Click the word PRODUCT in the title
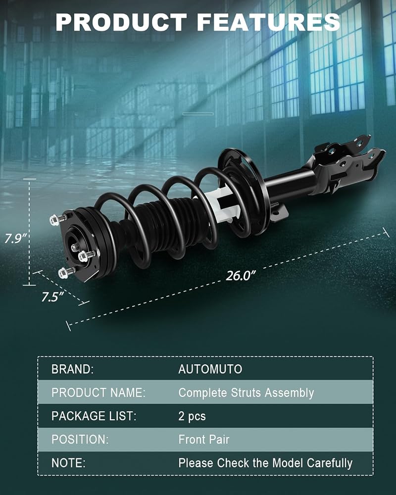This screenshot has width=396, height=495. tap(121, 22)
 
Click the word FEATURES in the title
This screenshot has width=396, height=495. tap(268, 22)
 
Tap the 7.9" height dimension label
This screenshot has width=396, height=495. tap(15, 239)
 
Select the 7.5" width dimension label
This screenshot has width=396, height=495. tap(52, 297)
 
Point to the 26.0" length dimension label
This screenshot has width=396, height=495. tap(241, 275)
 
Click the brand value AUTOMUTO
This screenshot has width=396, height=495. tap(210, 369)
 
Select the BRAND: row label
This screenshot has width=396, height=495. tap(73, 369)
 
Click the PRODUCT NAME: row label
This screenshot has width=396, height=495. tap(99, 393)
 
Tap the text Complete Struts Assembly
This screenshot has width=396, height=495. tap(247, 393)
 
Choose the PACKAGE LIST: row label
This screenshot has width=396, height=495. tap(94, 416)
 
